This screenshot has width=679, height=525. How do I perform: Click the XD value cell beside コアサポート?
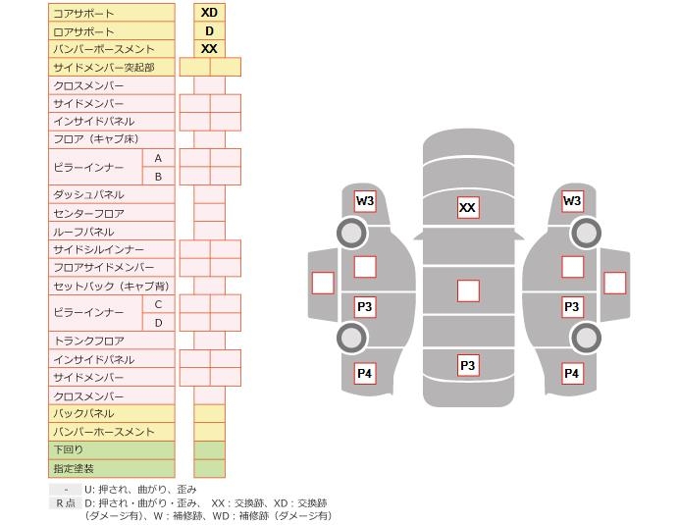209,13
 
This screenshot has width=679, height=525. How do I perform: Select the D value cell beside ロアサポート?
209,31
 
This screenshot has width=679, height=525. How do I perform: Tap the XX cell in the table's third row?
209,49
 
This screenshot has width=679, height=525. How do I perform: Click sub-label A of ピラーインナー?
158,158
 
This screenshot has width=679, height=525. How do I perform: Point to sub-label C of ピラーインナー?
158,304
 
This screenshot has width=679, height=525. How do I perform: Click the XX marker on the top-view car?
468,208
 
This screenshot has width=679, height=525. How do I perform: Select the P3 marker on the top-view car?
468,366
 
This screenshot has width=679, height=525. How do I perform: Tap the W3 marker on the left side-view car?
365,201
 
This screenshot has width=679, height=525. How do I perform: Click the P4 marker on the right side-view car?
571,374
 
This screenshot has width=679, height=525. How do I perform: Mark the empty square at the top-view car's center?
468,290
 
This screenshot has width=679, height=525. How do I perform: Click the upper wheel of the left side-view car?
351,233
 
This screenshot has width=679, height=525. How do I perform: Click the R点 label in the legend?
65,503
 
